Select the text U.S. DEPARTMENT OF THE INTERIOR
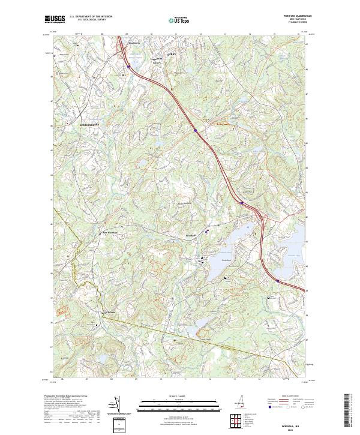[x=91, y=17]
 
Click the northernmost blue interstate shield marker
[x=128, y=67]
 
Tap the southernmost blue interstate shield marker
[x=278, y=280]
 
